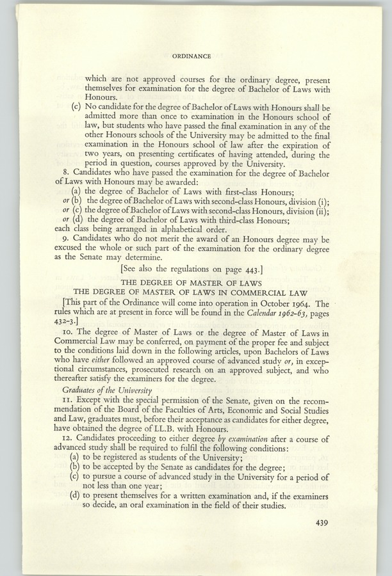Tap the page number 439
325,523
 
